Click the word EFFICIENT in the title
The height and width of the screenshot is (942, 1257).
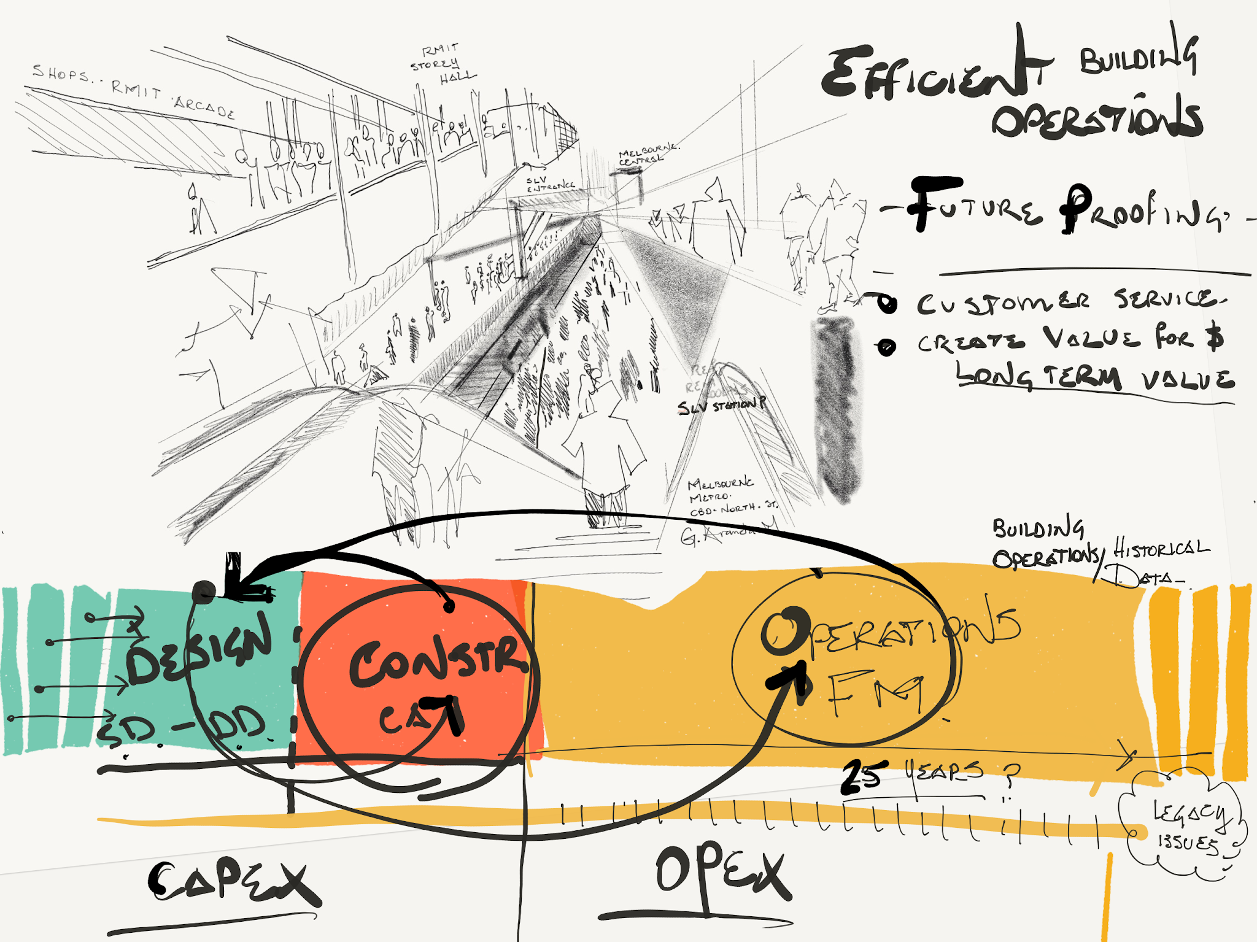(x=933, y=74)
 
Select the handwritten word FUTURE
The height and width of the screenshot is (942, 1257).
(x=976, y=206)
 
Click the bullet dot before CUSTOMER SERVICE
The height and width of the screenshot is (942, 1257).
(x=886, y=303)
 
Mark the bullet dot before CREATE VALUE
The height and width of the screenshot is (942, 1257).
(x=886, y=347)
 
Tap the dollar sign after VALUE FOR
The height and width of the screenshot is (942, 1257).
(x=1214, y=338)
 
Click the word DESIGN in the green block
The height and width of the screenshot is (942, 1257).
(x=199, y=651)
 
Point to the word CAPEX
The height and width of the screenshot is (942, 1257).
(x=233, y=881)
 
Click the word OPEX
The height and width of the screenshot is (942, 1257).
(x=721, y=871)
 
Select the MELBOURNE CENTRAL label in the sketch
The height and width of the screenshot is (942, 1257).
(x=648, y=155)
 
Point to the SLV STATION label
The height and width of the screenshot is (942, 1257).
(x=721, y=406)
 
